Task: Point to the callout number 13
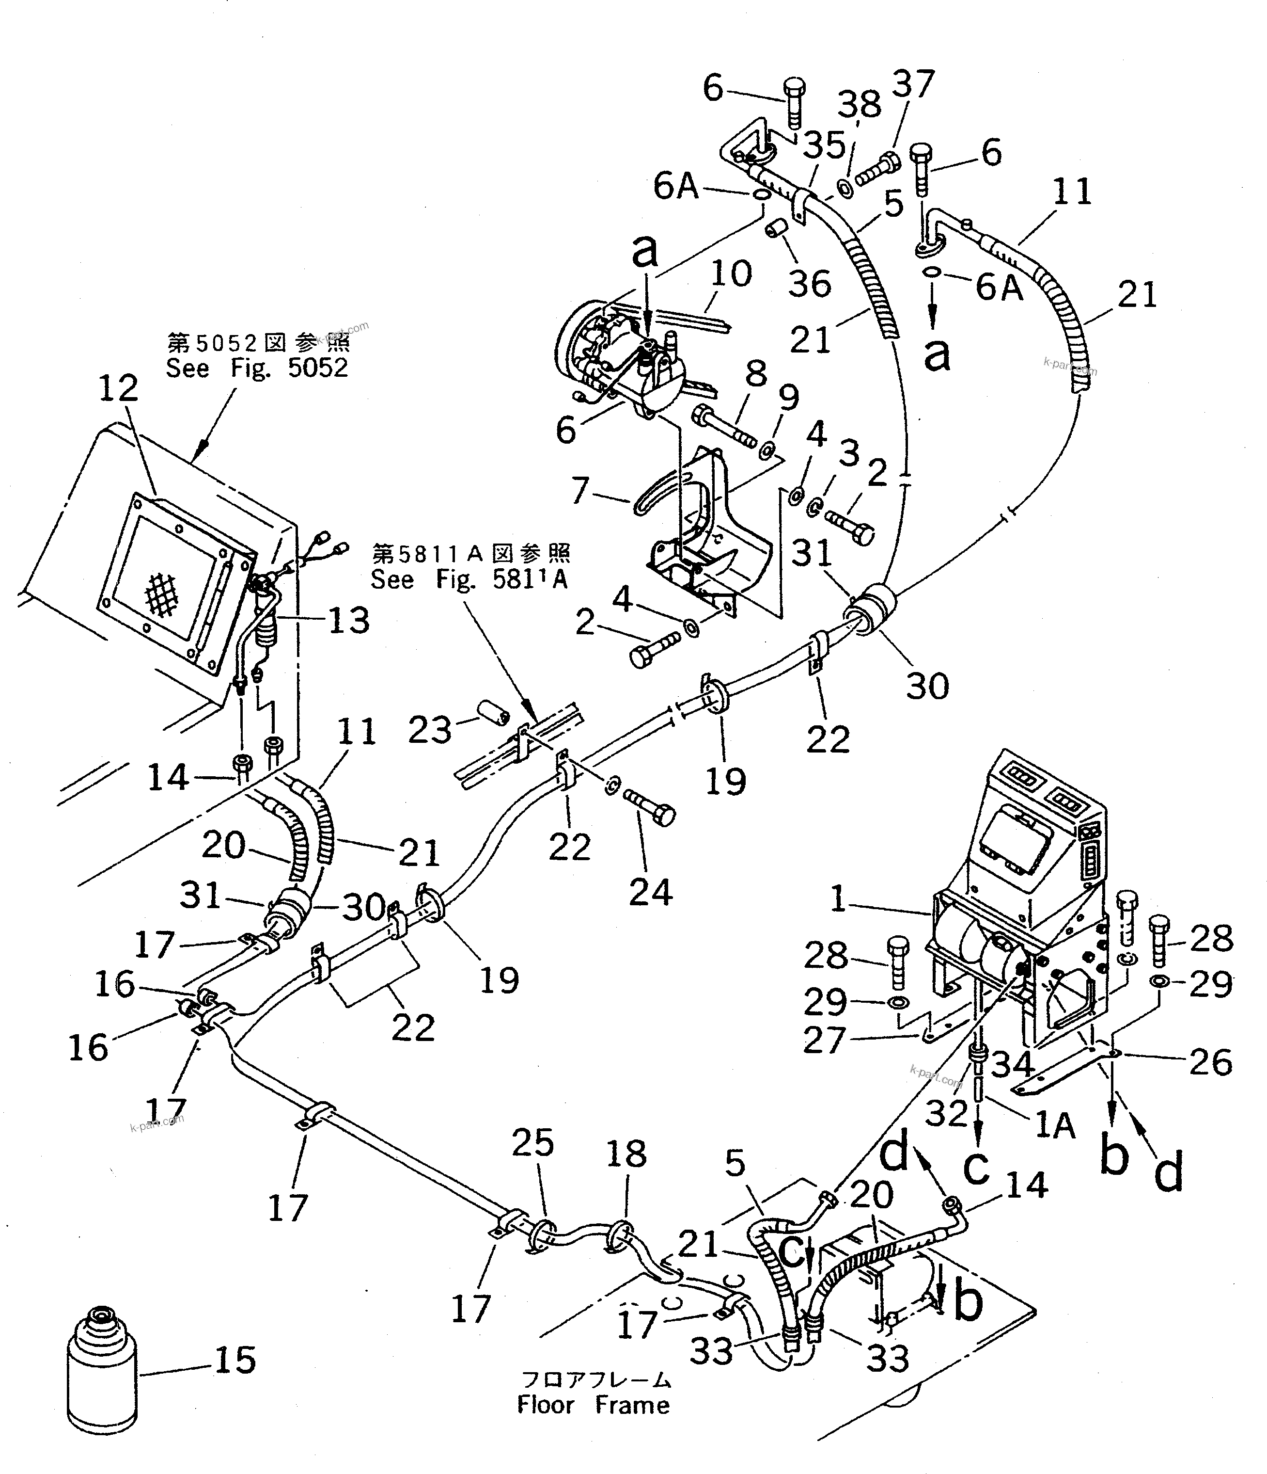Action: coord(348,620)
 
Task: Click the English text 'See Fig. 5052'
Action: coord(257,368)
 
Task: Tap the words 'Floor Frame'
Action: coord(593,1405)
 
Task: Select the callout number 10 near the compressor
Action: coord(730,273)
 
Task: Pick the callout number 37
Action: coord(913,84)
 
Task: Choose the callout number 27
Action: coord(824,1041)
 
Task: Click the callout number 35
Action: coord(825,145)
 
